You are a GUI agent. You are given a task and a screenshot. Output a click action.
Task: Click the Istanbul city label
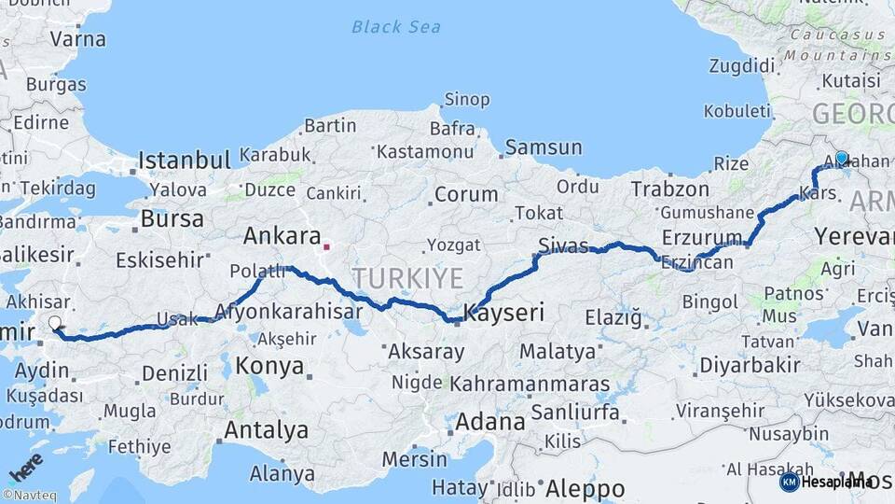coord(185,161)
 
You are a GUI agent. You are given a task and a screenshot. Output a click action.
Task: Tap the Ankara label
coord(282,235)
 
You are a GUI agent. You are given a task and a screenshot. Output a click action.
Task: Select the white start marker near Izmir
coord(55,323)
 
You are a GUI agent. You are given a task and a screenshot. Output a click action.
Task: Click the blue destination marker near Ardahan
coord(841,159)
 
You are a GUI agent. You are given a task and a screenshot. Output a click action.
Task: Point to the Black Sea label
coord(396,27)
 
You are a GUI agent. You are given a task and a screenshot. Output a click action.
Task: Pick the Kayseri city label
coord(504,313)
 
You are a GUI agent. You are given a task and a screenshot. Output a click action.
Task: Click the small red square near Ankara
coord(326,247)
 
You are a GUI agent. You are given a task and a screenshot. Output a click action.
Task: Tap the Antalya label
coord(267,430)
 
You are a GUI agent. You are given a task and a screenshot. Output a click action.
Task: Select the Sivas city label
coord(563,246)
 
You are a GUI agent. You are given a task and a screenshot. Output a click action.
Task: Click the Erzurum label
coord(702,236)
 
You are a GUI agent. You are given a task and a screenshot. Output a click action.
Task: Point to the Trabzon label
coord(664,189)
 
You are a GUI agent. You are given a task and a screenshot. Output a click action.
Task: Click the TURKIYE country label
coord(407,277)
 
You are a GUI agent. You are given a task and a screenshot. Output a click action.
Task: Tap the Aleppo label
coord(585,488)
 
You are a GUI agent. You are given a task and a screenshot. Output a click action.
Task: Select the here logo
coord(26,467)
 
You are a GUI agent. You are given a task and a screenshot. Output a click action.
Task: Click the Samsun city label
coord(543,147)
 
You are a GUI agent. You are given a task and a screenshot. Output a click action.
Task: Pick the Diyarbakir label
coord(749,365)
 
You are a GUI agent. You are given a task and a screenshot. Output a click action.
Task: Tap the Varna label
coord(77,39)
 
